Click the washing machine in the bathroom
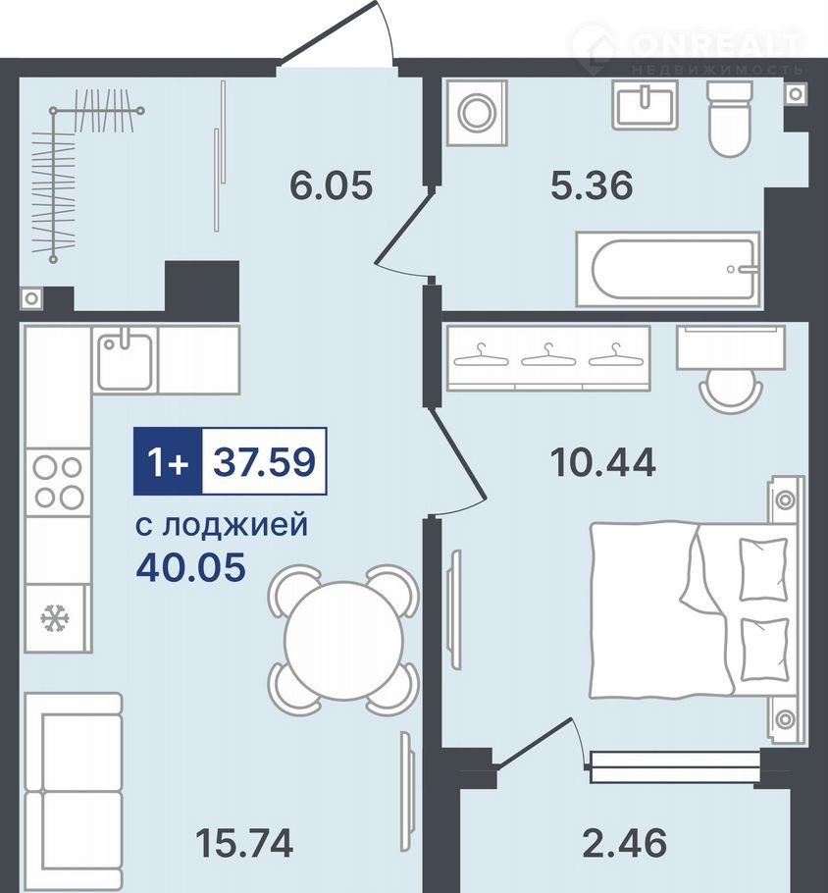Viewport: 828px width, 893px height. pyautogui.click(x=477, y=112)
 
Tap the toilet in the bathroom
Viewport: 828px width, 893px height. pyautogui.click(x=730, y=119)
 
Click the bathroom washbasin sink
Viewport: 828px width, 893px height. pyautogui.click(x=646, y=104)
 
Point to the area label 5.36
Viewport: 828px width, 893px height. pyautogui.click(x=592, y=185)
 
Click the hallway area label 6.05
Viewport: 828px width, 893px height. pyautogui.click(x=331, y=185)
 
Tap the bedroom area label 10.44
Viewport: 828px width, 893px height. pyautogui.click(x=602, y=462)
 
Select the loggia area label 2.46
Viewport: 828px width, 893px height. pyautogui.click(x=624, y=844)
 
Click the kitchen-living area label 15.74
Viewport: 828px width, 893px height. pyautogui.click(x=244, y=844)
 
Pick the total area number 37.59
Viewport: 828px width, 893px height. pyautogui.click(x=264, y=461)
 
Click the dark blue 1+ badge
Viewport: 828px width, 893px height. pyautogui.click(x=168, y=461)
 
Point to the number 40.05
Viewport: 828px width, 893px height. pyautogui.click(x=190, y=567)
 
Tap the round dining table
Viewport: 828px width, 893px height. pyautogui.click(x=344, y=640)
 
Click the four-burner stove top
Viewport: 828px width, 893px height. pyautogui.click(x=58, y=483)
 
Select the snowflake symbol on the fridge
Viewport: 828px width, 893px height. pyautogui.click(x=55, y=617)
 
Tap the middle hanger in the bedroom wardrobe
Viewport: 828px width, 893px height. pyautogui.click(x=547, y=355)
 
